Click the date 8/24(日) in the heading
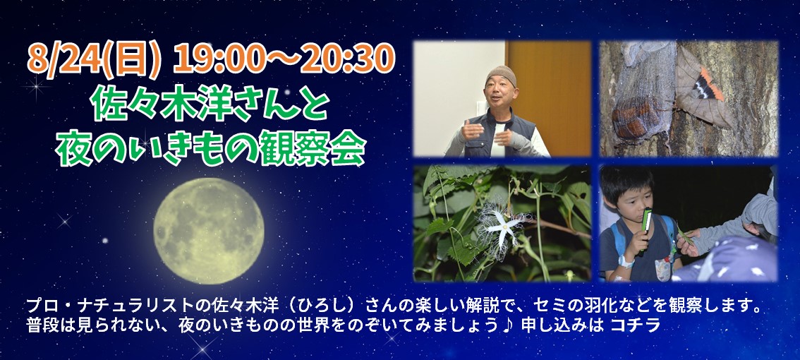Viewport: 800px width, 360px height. (95, 60)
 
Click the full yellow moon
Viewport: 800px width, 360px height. (210, 231)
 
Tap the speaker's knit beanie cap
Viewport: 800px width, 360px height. (500, 76)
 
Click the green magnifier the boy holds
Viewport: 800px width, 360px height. (646, 221)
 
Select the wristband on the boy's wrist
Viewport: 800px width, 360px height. (626, 261)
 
